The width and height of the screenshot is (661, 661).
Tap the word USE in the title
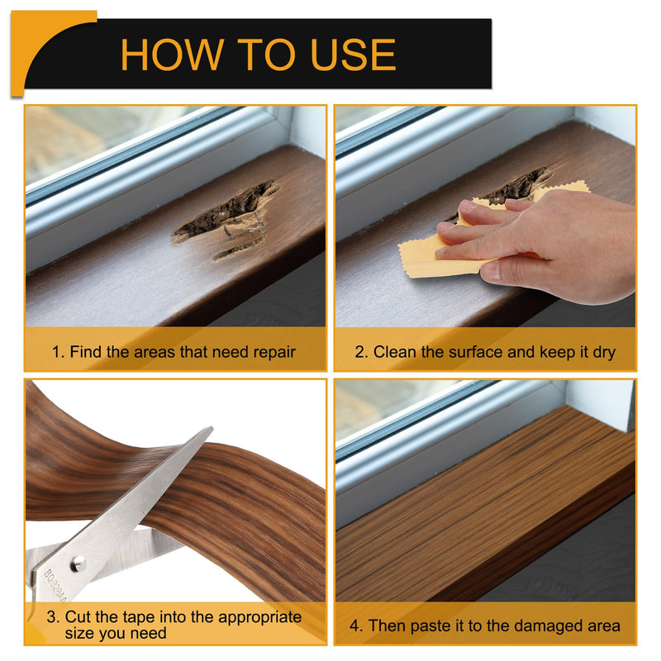(353, 55)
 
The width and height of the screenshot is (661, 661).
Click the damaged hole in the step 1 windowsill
(226, 218)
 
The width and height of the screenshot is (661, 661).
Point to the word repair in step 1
(275, 353)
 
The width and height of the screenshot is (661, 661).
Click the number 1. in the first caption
(58, 352)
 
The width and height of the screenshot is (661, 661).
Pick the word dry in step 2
(604, 353)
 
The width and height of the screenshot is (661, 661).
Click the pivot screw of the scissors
(78, 564)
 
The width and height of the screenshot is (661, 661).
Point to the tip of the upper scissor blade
(212, 427)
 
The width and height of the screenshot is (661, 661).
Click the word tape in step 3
(138, 617)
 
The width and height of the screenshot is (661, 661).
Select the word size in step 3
(80, 634)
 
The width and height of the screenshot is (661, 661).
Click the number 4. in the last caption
(356, 626)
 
